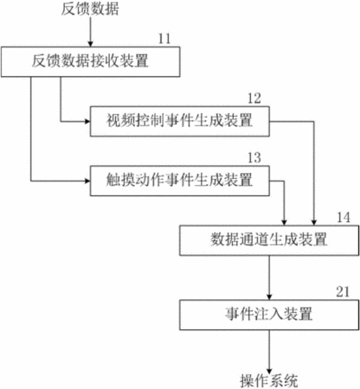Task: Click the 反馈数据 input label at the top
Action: (x=90, y=9)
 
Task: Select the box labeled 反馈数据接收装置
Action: (x=91, y=61)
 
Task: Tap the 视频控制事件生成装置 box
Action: (x=180, y=121)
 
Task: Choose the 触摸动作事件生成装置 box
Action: (x=180, y=181)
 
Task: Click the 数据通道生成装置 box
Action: (x=269, y=240)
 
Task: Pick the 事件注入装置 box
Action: (x=269, y=315)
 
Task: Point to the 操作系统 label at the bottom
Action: (x=269, y=381)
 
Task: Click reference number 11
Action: (x=164, y=39)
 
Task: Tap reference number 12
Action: (x=254, y=99)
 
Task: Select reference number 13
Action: (x=254, y=158)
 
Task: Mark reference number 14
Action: (x=344, y=217)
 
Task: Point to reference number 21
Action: (x=343, y=291)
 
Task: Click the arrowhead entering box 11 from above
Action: (x=91, y=44)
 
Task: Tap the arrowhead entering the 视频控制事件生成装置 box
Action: (x=87, y=121)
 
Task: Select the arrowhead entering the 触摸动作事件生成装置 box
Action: (x=87, y=181)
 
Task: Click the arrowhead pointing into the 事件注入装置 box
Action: (x=269, y=297)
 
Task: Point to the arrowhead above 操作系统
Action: (x=269, y=370)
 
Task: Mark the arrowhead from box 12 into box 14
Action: (x=314, y=222)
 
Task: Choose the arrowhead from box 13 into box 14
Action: (x=284, y=222)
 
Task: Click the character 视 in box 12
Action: (x=113, y=121)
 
